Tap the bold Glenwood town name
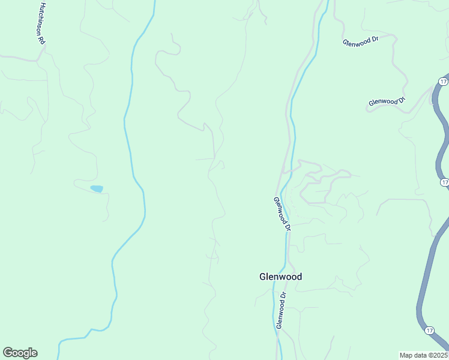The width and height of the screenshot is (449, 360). [280, 277]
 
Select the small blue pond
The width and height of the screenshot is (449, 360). [96, 188]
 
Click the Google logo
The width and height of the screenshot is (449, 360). [20, 353]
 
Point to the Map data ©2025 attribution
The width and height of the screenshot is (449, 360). [424, 355]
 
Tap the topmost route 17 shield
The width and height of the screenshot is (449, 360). [443, 81]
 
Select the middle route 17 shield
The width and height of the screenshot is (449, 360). [444, 182]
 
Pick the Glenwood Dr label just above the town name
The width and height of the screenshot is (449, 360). [282, 214]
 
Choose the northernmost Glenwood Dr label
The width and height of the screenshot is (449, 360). [361, 41]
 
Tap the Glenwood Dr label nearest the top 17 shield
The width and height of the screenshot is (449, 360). [387, 101]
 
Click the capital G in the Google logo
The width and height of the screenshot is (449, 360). [8, 353]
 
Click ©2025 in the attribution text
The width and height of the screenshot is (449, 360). [437, 355]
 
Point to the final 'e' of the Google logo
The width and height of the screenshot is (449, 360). [34, 353]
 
